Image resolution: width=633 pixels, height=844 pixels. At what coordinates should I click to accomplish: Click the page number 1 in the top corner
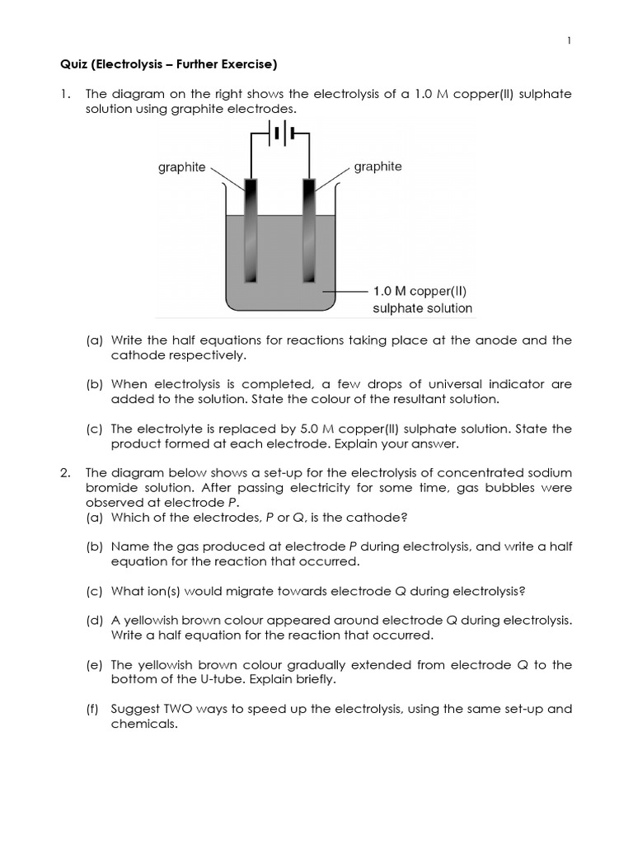click(570, 41)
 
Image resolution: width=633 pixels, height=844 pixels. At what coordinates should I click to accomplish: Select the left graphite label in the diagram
click(182, 167)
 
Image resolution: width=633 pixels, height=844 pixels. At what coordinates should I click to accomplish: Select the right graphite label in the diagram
click(378, 166)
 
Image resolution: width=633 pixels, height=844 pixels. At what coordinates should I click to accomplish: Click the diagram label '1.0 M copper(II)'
click(420, 291)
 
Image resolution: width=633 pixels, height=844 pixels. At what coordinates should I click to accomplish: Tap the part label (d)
click(95, 620)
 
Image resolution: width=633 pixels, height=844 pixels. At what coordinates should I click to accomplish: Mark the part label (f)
click(94, 709)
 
